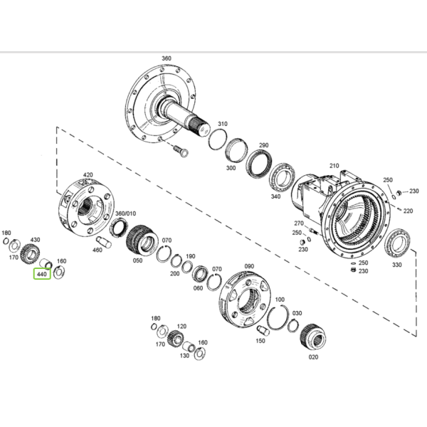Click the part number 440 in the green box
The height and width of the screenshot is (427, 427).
[42, 274]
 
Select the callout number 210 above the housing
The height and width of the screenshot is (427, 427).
[334, 166]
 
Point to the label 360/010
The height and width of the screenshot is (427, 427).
[125, 213]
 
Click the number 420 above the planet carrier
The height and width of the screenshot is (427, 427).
[88, 175]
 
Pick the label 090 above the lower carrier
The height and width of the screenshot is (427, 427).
[249, 266]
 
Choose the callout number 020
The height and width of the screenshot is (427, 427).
[313, 357]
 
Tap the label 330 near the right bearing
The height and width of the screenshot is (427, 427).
[397, 265]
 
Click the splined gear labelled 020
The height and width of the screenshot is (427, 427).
[313, 337]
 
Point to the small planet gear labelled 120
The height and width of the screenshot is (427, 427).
[176, 338]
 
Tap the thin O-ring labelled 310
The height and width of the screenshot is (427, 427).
[218, 139]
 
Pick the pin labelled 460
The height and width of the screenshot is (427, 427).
[103, 241]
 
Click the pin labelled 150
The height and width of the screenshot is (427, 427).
[263, 330]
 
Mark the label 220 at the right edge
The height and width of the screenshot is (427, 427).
[408, 211]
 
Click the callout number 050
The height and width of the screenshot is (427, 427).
[137, 260]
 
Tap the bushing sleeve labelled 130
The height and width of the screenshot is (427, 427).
[189, 347]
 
